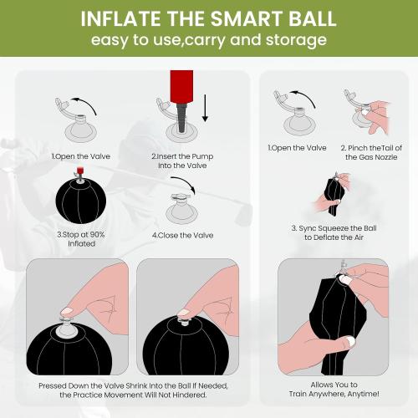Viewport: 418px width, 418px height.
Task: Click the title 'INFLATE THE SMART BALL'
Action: coord(209,18)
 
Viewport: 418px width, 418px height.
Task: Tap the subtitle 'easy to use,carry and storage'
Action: coord(209,41)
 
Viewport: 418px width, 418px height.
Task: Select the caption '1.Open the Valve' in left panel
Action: coord(71,156)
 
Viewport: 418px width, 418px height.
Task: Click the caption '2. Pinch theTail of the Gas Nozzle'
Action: coord(365,152)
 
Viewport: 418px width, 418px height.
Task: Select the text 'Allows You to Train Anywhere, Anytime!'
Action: coord(332,388)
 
